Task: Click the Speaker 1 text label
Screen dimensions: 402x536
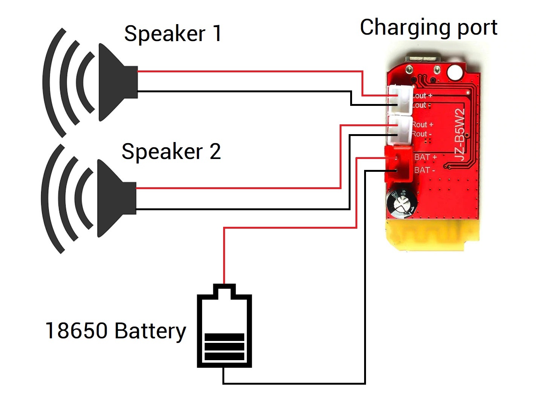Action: pyautogui.click(x=173, y=34)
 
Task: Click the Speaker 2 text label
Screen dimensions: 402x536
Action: pyautogui.click(x=171, y=151)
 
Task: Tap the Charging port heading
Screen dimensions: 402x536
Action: pyautogui.click(x=429, y=27)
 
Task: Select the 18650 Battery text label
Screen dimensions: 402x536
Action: pyautogui.click(x=115, y=331)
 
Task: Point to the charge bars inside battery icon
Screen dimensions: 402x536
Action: pyautogui.click(x=224, y=347)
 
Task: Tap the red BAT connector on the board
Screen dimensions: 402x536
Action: pyautogui.click(x=397, y=164)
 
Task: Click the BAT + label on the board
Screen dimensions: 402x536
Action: pyautogui.click(x=425, y=157)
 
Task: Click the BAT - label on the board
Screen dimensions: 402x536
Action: pyautogui.click(x=424, y=170)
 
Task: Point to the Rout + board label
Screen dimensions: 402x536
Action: pyautogui.click(x=422, y=124)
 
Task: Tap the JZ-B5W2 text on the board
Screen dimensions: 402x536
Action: pyautogui.click(x=459, y=135)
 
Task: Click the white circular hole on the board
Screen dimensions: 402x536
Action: pyautogui.click(x=455, y=72)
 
